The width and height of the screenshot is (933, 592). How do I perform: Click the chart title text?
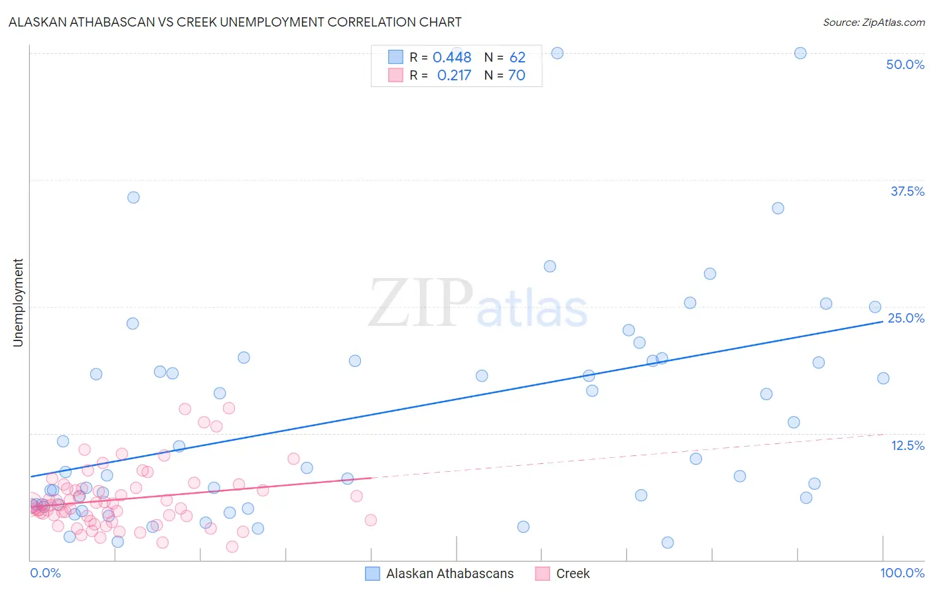tap(235, 22)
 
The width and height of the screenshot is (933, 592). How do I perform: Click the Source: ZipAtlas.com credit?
tap(873, 22)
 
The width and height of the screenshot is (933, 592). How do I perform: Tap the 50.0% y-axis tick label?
tap(905, 64)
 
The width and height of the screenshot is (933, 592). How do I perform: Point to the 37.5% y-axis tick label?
tap(907, 191)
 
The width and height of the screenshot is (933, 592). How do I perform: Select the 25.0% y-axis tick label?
tap(906, 318)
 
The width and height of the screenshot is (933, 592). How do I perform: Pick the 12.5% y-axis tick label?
tap(907, 445)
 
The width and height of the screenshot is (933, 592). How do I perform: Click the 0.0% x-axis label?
tap(45, 573)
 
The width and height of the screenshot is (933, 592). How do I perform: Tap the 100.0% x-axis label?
tap(902, 573)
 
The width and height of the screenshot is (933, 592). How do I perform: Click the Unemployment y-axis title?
tap(18, 303)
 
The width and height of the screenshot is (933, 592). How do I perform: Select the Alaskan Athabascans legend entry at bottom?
tap(440, 573)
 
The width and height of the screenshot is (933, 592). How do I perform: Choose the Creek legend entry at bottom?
tap(563, 573)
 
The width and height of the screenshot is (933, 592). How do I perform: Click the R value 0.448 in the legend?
tap(452, 58)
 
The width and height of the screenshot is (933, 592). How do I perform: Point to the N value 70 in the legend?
tap(516, 76)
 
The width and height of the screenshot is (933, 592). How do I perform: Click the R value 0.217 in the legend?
tap(454, 76)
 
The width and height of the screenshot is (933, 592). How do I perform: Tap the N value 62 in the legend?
tap(517, 58)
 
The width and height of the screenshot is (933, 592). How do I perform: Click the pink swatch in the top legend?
tap(395, 75)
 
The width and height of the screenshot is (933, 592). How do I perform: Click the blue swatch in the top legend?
tap(395, 57)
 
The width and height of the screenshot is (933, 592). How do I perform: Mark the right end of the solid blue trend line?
tap(883, 321)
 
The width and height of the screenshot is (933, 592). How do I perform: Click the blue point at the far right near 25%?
tap(875, 307)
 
